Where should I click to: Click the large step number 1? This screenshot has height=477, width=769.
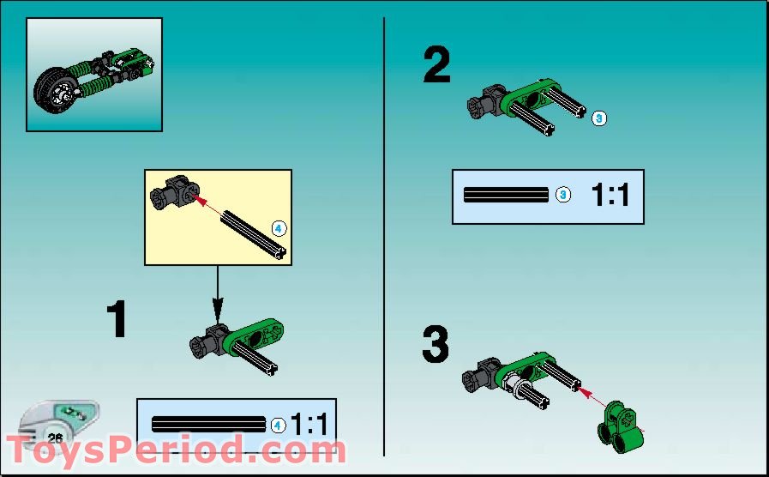(117, 319)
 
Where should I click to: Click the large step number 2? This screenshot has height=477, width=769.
(436, 65)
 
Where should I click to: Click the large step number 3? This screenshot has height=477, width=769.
(436, 345)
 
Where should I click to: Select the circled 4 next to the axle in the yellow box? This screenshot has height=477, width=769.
(279, 228)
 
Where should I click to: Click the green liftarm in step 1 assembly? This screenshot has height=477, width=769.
(254, 336)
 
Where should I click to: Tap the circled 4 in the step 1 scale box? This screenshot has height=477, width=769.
(278, 424)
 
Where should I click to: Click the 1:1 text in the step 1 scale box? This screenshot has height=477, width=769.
(309, 424)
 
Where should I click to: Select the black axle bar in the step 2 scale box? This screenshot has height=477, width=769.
(506, 195)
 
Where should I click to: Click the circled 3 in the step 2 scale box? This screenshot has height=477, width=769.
(562, 195)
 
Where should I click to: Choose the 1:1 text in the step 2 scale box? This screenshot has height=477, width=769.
(610, 196)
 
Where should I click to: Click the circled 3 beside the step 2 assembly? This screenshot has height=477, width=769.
(599, 118)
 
